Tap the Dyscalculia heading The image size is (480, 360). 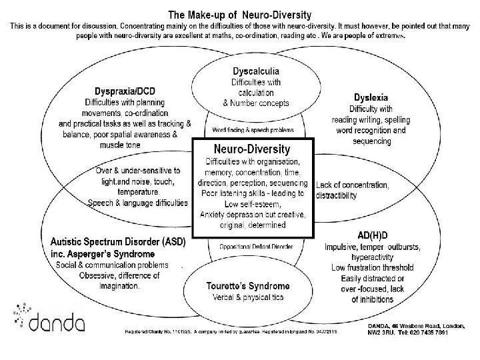click(255, 71)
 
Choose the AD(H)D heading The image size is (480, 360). click(372, 235)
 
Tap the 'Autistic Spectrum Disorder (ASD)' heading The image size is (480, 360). click(117, 241)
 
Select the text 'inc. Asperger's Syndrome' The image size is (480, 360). click(102, 254)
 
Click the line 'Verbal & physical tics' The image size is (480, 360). click(248, 297)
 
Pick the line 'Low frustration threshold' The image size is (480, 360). click(372, 267)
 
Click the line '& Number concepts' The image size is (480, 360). click(256, 103)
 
